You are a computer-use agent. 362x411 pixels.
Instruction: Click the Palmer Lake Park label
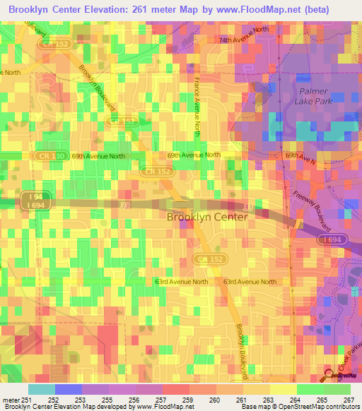click(314, 96)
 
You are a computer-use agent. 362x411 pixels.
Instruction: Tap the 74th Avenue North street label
click(244, 40)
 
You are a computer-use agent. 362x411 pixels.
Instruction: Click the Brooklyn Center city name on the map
click(207, 218)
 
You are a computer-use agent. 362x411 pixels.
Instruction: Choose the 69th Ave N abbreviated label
click(300, 155)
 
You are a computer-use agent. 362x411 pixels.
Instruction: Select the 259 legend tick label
click(188, 400)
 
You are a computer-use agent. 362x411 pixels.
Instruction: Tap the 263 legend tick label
click(268, 400)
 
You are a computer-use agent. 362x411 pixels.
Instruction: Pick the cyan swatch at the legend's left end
click(41, 389)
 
